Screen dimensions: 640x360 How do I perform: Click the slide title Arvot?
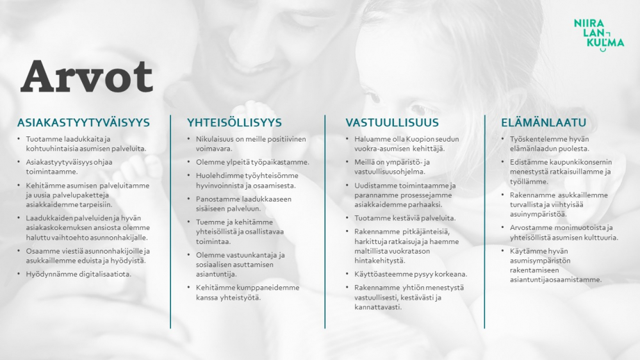click(x=87, y=77)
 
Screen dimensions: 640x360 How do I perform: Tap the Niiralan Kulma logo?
click(x=599, y=35)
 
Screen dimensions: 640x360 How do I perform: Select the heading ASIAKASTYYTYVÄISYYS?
click(x=84, y=122)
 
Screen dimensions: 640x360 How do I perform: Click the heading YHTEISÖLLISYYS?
click(x=234, y=122)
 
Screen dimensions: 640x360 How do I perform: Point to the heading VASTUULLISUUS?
click(x=392, y=122)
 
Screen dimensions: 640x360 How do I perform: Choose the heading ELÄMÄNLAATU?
click(x=544, y=122)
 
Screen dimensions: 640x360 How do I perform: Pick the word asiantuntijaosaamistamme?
click(x=555, y=280)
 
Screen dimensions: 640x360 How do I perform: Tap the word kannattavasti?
click(x=378, y=307)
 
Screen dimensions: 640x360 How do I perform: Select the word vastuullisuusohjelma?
click(x=390, y=172)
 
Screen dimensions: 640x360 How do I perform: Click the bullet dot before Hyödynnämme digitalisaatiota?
click(x=19, y=274)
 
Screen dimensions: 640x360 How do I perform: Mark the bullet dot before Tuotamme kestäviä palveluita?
click(x=347, y=218)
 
